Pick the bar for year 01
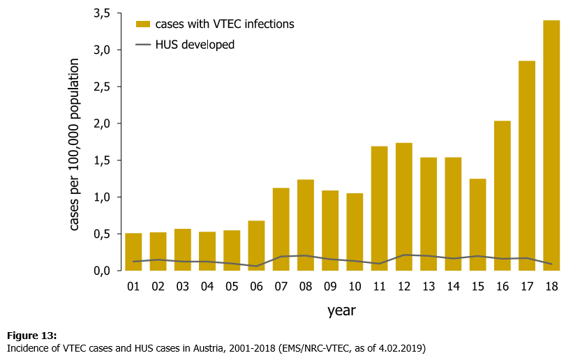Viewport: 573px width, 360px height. (133, 251)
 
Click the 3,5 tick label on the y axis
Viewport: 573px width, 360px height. (101, 13)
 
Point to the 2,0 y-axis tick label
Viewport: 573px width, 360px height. (101, 123)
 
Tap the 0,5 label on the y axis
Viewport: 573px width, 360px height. (101, 234)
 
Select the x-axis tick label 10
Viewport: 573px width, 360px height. (355, 286)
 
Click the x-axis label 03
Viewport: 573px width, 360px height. (183, 286)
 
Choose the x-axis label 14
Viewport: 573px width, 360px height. (453, 286)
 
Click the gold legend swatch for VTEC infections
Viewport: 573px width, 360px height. (144, 24)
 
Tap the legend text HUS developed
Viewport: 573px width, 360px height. (195, 45)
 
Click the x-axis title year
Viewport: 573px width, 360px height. (342, 310)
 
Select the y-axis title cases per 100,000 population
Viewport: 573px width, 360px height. (75, 144)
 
